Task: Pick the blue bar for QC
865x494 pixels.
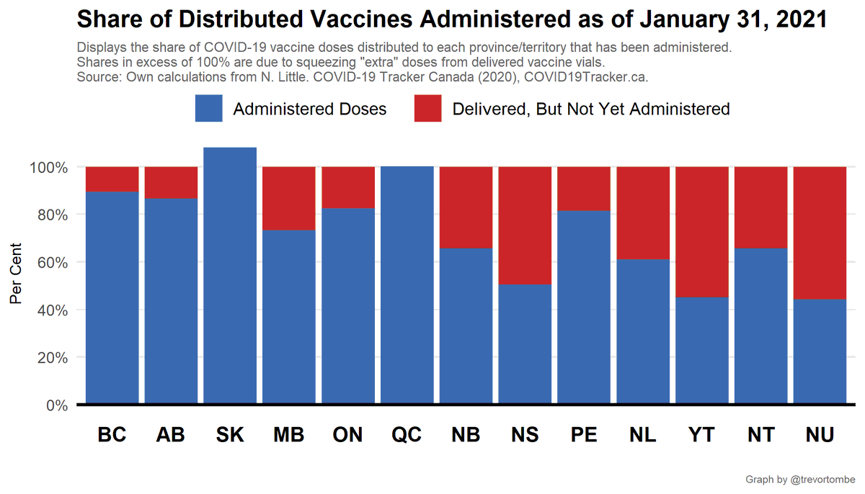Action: click(407, 284)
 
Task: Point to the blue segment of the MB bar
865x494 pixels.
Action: click(289, 317)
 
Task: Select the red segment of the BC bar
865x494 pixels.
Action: click(112, 179)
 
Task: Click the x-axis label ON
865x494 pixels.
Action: click(348, 435)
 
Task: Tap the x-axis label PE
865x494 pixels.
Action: click(584, 435)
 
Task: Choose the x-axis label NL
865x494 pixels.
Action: click(643, 435)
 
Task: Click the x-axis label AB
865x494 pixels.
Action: click(171, 435)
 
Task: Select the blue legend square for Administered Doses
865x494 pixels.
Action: click(208, 109)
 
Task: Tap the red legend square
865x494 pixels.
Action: click(427, 109)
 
